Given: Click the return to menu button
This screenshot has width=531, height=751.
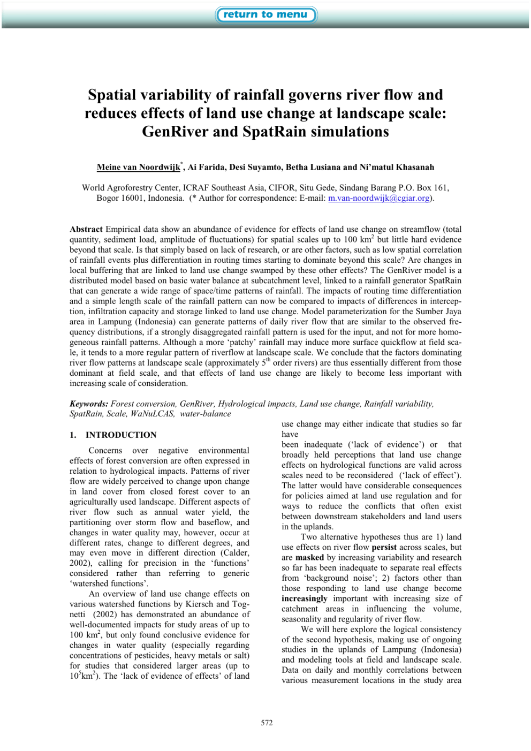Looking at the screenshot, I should [265, 14].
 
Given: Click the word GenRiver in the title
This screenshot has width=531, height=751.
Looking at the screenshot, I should [175, 132].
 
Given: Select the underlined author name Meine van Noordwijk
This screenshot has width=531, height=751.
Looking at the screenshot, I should [139, 167].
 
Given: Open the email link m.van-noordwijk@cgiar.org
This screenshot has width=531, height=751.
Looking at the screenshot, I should [379, 198].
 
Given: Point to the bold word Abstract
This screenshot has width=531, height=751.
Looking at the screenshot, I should [86, 229].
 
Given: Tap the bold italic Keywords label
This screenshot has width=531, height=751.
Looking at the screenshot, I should [89, 404].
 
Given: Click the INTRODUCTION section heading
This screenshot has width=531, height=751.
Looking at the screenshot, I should [121, 435].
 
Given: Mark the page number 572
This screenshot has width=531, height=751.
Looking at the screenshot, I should [267, 723].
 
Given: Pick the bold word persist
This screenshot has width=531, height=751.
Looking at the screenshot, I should [384, 547].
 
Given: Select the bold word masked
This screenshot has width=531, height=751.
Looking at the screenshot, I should [309, 557].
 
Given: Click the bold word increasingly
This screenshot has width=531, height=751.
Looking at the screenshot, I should [305, 598].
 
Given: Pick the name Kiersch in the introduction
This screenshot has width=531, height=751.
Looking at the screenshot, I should [199, 604].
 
